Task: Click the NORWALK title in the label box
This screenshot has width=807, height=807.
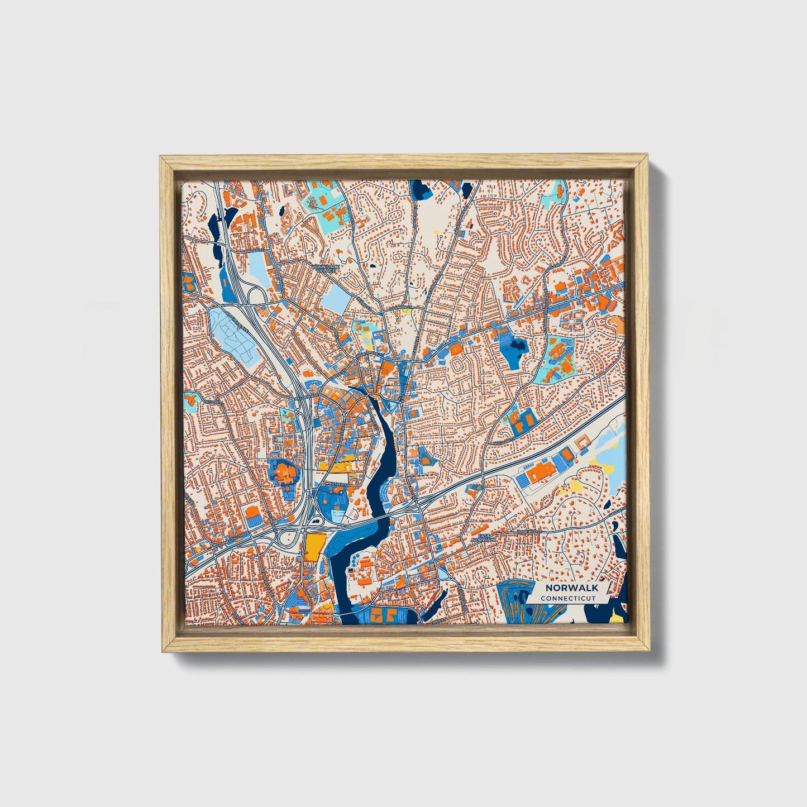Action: tap(572, 588)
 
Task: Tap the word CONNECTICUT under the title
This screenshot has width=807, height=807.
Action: tap(568, 598)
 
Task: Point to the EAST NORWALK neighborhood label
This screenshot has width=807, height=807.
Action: tap(483, 538)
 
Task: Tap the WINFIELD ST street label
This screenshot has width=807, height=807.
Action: tap(530, 532)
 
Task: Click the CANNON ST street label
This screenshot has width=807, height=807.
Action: tap(401, 307)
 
